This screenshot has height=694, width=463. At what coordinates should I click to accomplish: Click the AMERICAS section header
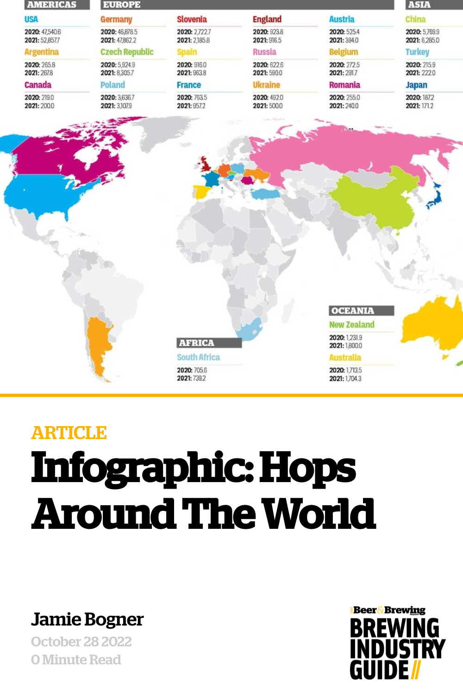[51, 5]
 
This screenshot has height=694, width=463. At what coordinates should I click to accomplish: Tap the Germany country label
[116, 19]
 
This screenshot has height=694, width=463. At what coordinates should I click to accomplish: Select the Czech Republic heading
[127, 52]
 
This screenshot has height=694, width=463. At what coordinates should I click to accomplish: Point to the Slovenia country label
[192, 19]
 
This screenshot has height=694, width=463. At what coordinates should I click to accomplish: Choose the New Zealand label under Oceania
[351, 325]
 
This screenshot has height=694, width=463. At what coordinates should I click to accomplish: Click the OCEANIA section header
[353, 311]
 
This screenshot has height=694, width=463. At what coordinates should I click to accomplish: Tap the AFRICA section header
[197, 343]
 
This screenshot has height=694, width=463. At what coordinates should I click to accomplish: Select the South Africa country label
[198, 357]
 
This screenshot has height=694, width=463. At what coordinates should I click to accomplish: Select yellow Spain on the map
[201, 191]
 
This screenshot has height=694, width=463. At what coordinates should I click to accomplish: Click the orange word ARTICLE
[69, 433]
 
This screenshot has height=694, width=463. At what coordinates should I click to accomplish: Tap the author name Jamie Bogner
[88, 620]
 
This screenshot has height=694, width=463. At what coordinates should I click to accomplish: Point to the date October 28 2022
[81, 642]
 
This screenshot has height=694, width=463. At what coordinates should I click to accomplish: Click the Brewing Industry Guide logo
[397, 643]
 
